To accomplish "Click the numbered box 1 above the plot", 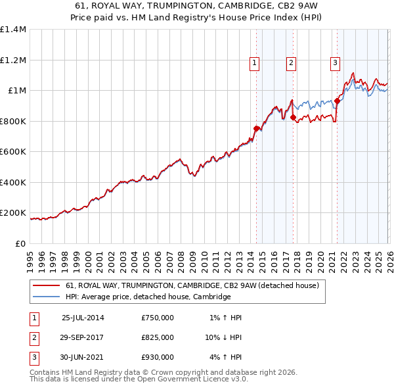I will click(x=254, y=63).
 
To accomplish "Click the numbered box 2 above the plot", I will click(x=291, y=63).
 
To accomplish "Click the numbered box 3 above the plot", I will click(x=334, y=63).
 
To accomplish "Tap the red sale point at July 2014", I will click(x=257, y=129).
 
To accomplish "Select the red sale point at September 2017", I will click(x=294, y=118).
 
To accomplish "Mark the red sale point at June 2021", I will click(x=337, y=101).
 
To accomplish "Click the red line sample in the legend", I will click(x=47, y=285).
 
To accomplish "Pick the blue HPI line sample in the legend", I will click(x=47, y=297).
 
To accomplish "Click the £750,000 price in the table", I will click(x=158, y=318).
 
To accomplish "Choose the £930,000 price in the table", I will click(x=158, y=357).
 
